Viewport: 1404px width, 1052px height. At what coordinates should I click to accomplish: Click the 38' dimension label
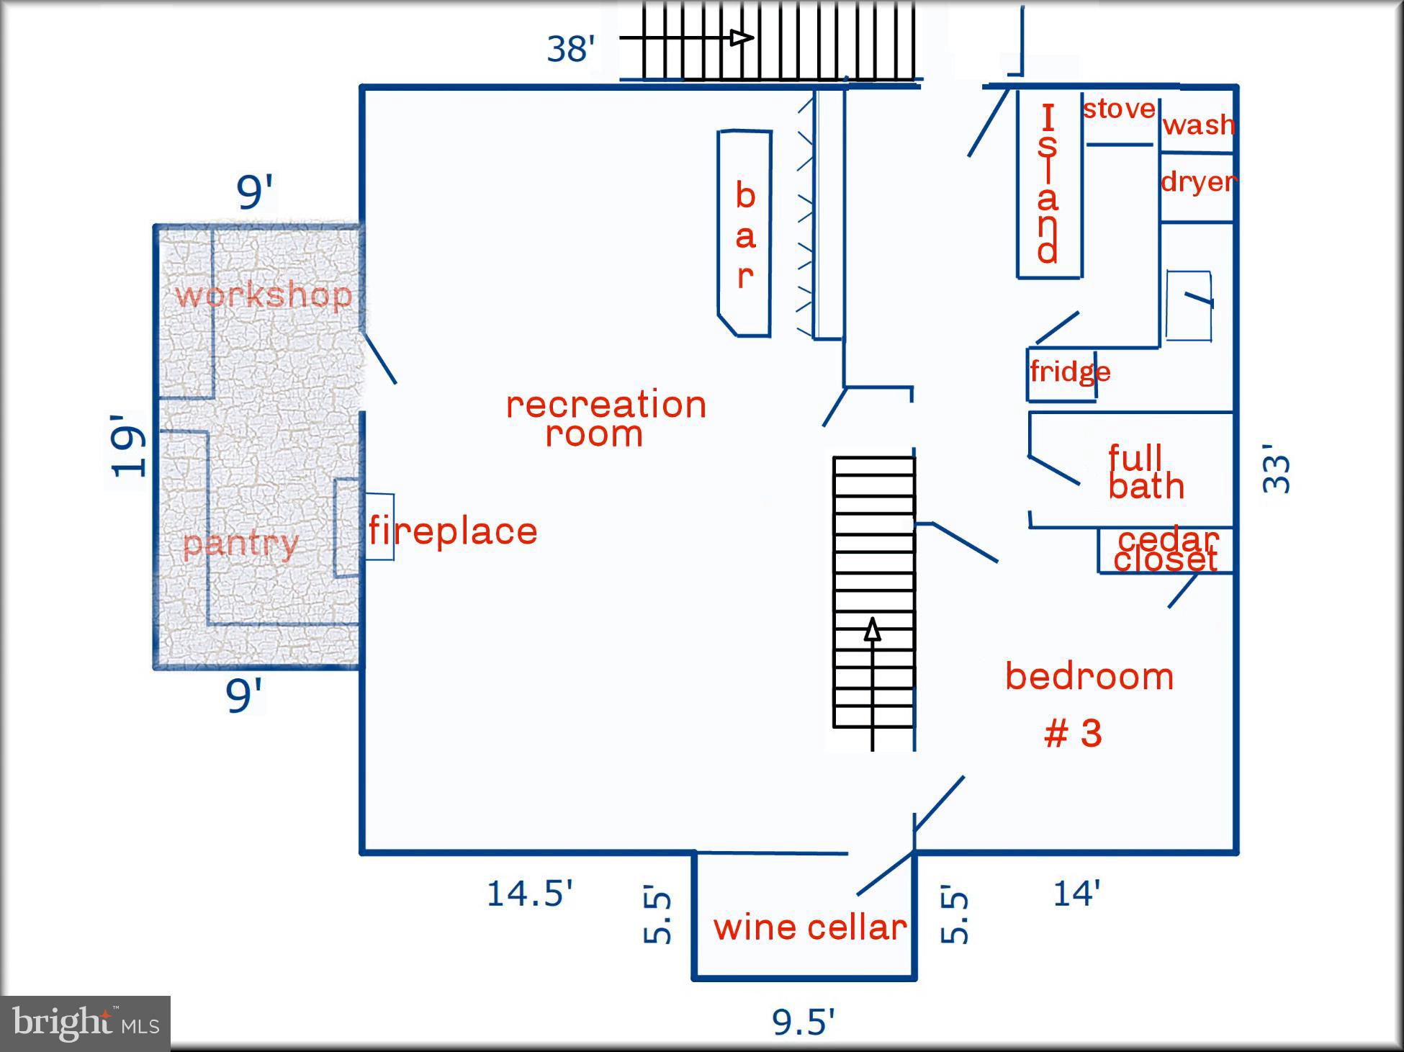[570, 49]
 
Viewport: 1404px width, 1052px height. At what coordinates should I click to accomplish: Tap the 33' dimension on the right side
[1277, 469]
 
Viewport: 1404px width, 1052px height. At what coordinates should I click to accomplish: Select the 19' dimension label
[128, 445]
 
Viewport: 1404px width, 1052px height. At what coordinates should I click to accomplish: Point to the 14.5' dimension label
[529, 894]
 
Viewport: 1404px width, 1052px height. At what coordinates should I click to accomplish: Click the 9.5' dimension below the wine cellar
[803, 1022]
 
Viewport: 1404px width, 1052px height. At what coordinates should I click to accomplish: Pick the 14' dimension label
[1076, 894]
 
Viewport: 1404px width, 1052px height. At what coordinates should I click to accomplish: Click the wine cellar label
[810, 927]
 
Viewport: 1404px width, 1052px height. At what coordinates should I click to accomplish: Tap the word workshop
[264, 295]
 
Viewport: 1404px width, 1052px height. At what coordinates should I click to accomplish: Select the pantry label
[240, 544]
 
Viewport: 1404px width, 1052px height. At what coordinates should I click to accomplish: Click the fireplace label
[453, 531]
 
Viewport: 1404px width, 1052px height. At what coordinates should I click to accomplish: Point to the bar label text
[745, 235]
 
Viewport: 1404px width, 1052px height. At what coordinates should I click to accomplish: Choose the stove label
[1119, 109]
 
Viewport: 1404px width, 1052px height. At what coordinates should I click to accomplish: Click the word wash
[1199, 125]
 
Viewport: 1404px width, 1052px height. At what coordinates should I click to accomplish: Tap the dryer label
[1199, 181]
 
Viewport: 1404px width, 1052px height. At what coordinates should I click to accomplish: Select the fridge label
[1070, 372]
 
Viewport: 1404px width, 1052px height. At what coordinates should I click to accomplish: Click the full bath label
[1145, 472]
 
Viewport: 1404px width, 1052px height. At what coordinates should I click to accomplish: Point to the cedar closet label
[1166, 549]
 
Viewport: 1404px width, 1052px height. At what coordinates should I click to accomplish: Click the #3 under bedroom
[1073, 734]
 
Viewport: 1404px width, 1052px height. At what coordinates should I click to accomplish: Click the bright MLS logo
[85, 1023]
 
